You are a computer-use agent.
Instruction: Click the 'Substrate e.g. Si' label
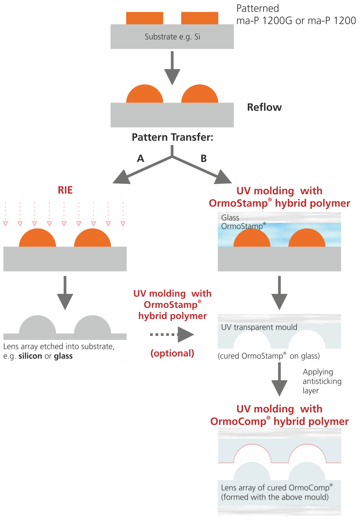click(x=172, y=37)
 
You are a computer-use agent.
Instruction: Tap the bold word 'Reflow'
click(x=264, y=108)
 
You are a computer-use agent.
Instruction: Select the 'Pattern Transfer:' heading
click(x=172, y=137)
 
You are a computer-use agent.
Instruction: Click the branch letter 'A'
click(x=140, y=159)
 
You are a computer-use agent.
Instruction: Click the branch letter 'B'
click(x=204, y=159)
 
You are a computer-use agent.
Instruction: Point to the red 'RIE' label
click(x=65, y=190)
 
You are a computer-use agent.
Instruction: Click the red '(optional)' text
click(x=172, y=353)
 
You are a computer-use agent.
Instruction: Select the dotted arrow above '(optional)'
click(x=172, y=335)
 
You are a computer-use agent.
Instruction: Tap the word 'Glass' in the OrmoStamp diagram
click(x=230, y=217)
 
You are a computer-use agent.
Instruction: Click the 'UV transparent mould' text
click(x=259, y=327)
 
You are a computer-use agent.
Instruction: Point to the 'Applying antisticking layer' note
click(x=322, y=381)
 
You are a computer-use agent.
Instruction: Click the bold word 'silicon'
click(x=30, y=356)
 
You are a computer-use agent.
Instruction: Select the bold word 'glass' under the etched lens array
click(x=63, y=356)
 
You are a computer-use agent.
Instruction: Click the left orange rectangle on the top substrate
click(x=144, y=18)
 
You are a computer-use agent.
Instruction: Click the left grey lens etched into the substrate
click(x=38, y=325)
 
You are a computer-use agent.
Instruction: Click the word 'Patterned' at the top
click(x=258, y=9)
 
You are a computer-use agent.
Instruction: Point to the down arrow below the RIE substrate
click(x=65, y=292)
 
